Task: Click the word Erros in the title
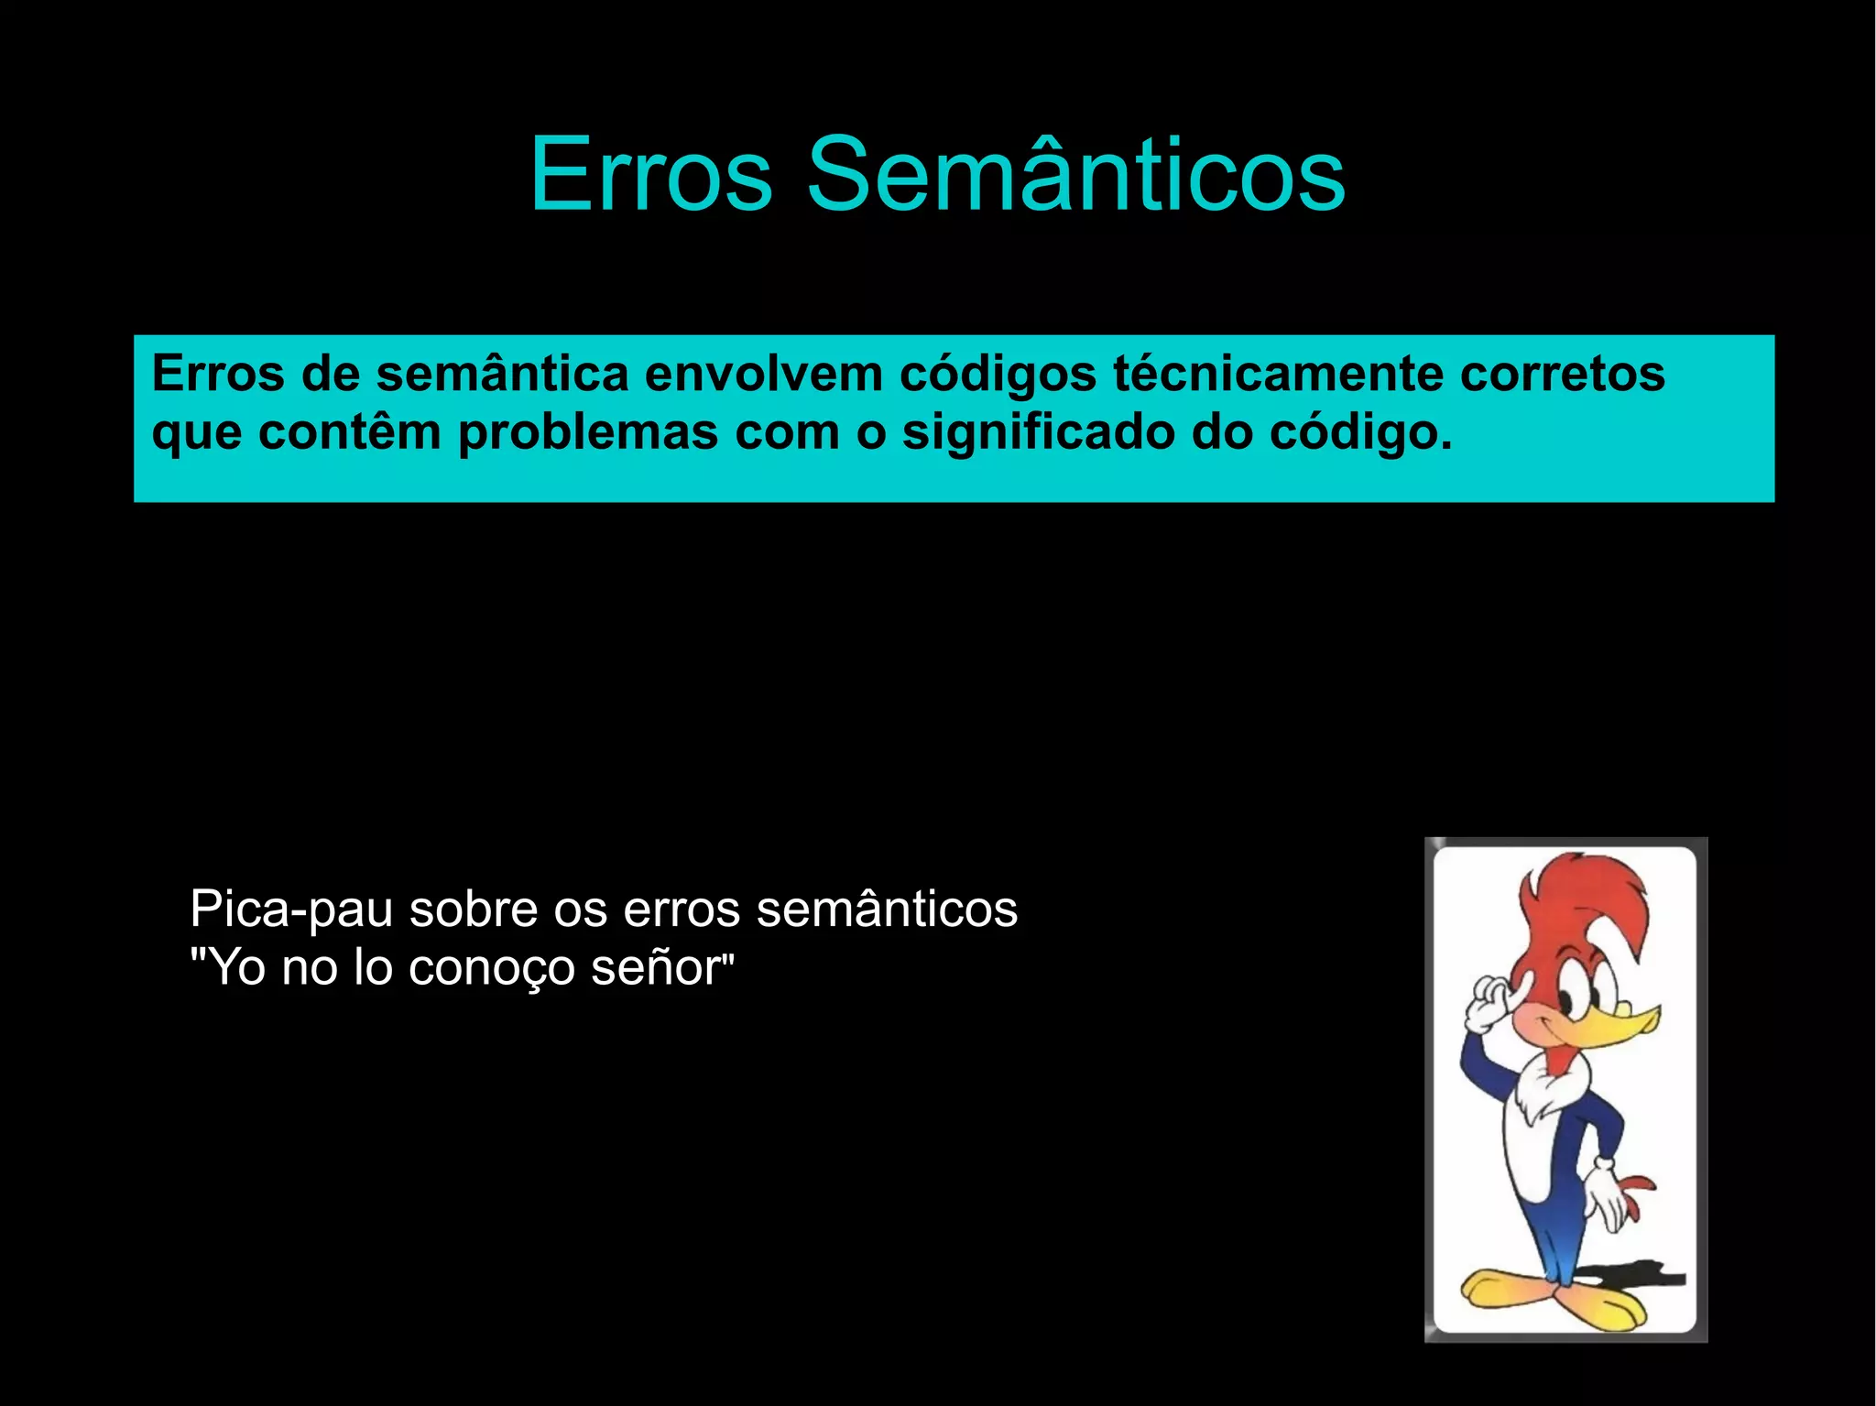coord(651,174)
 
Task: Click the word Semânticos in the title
coord(1075,174)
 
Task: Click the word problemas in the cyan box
coord(587,432)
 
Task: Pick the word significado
coord(1038,432)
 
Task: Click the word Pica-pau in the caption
coord(290,910)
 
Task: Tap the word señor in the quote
coord(657,968)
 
